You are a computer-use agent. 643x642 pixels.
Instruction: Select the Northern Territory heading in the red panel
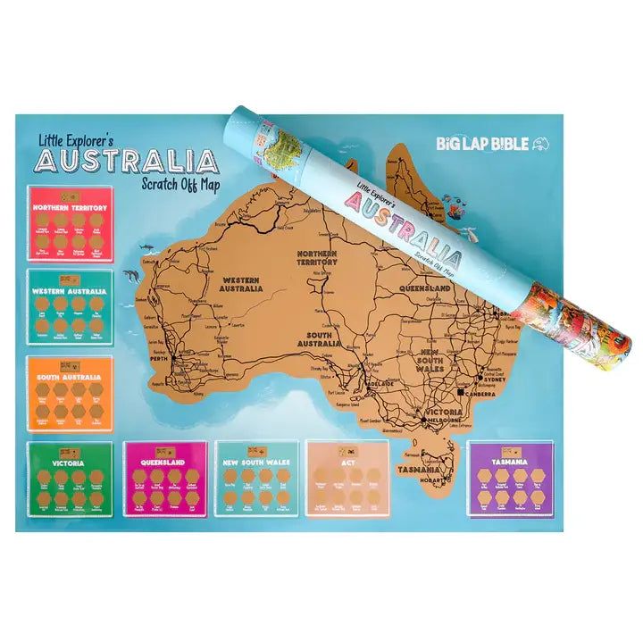point(70,208)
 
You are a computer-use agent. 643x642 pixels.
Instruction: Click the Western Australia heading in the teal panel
point(70,291)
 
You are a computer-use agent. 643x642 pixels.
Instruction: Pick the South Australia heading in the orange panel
point(70,377)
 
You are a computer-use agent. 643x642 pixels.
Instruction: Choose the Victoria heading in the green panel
point(69,464)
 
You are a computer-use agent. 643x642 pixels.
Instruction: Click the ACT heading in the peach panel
point(347,463)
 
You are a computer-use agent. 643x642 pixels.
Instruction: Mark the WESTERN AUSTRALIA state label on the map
point(241,284)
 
